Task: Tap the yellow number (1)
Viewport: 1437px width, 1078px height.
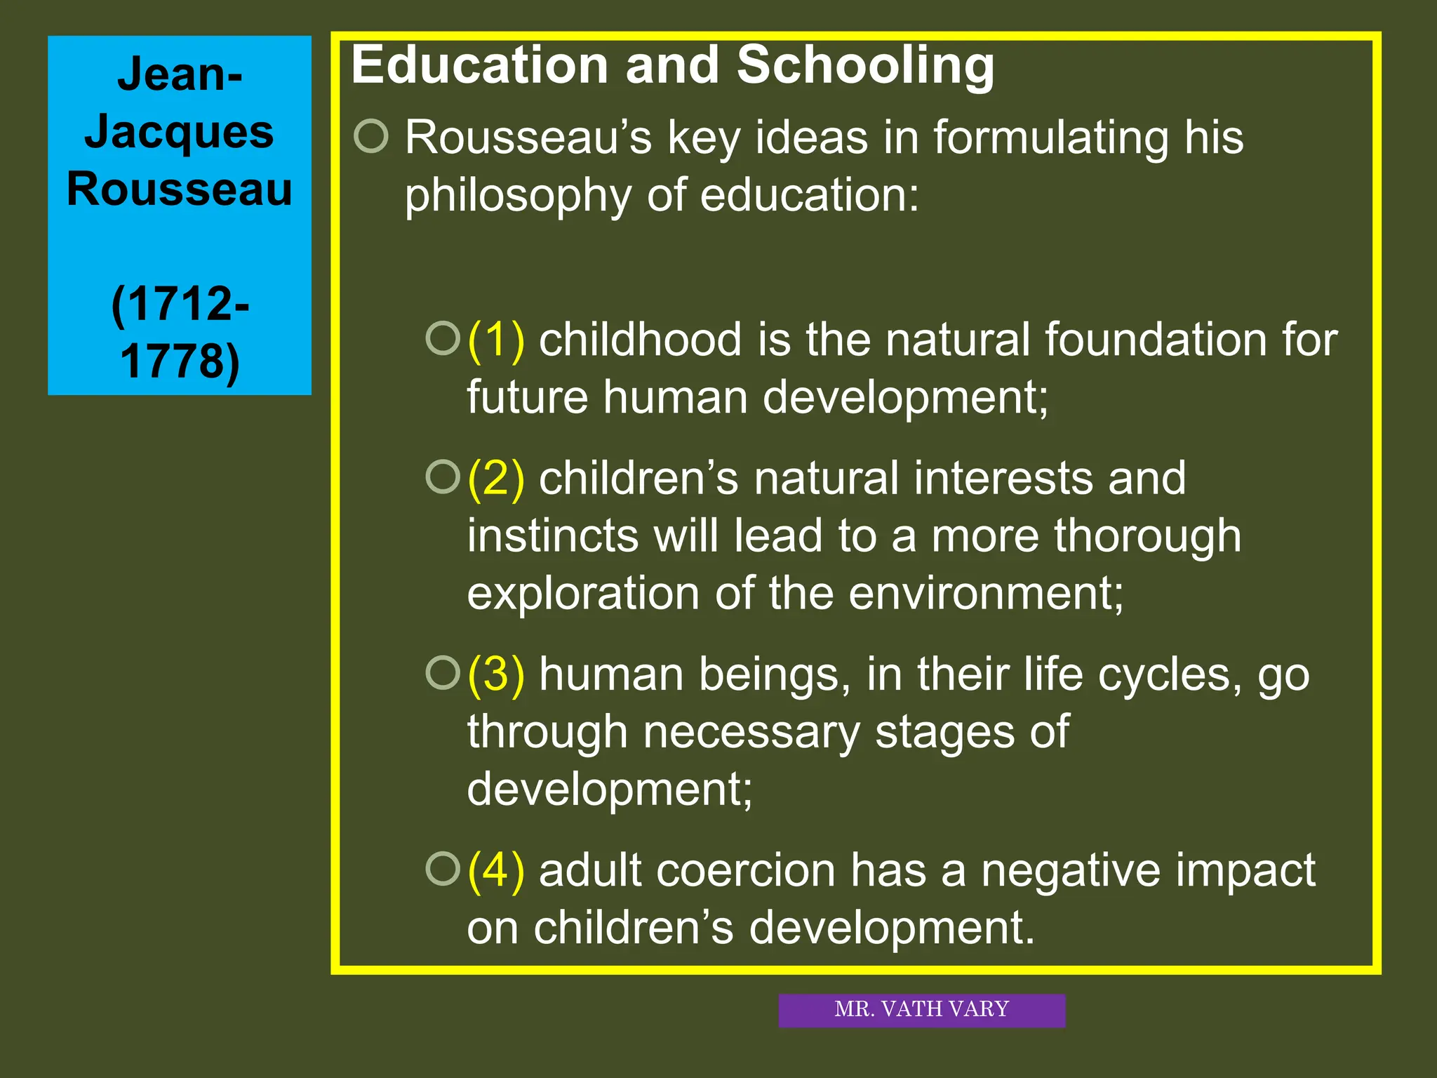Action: tap(496, 340)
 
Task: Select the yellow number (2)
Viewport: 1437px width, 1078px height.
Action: tap(496, 479)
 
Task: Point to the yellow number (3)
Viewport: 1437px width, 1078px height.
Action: tap(496, 674)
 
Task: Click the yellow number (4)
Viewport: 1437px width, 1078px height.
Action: tap(496, 870)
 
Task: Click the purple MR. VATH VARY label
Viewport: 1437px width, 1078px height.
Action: tap(921, 1010)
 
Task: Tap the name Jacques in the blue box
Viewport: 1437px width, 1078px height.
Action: tap(179, 132)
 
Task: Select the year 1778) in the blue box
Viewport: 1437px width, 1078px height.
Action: tap(180, 361)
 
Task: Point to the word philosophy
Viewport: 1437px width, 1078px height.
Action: tap(518, 197)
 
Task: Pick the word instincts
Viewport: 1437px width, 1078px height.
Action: tap(553, 536)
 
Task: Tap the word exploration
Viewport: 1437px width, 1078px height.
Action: tap(582, 594)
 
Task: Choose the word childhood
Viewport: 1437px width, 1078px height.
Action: tap(640, 340)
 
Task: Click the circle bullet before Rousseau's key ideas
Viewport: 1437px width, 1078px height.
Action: tap(371, 136)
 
